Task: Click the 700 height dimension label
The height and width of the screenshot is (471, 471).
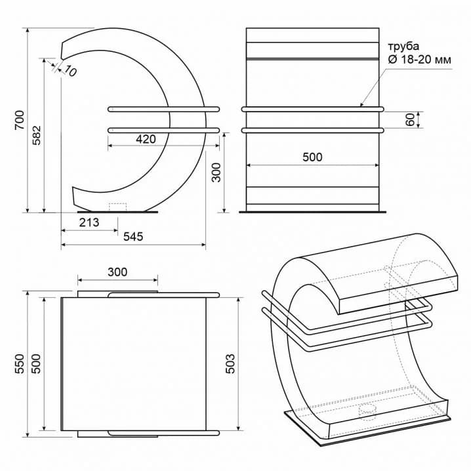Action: point(20,120)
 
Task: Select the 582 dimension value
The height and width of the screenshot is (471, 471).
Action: point(37,136)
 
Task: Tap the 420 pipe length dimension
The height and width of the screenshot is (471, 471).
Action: point(146,139)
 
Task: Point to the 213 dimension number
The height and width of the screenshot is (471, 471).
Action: point(89,222)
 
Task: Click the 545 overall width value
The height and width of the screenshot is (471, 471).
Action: point(133,237)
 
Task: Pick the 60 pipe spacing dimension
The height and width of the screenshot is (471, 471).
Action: point(410,119)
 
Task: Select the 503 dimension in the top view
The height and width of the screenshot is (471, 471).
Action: point(230,364)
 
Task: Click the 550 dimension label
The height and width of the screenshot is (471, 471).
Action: point(20,364)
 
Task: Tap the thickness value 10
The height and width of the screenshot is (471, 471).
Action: point(70,72)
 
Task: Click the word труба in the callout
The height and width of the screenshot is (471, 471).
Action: point(403,47)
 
